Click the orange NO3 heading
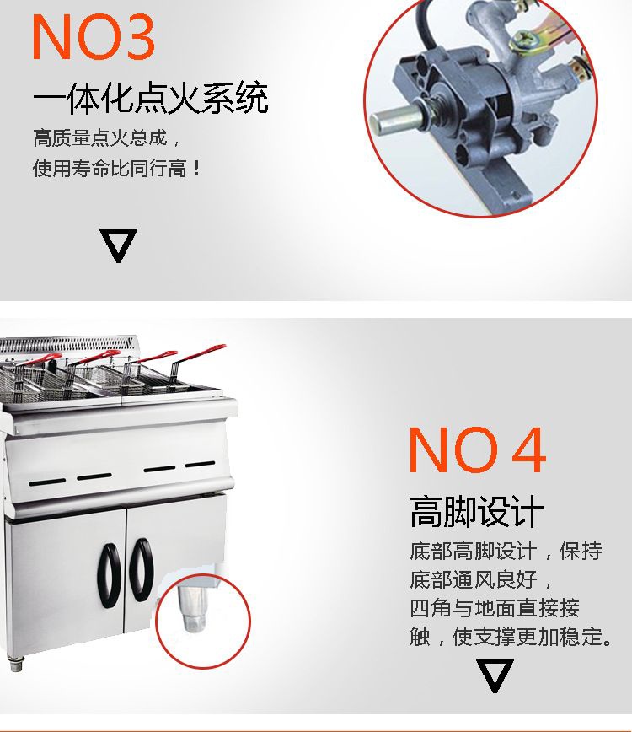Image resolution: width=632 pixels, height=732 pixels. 93,36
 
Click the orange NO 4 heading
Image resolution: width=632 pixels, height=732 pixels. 477,449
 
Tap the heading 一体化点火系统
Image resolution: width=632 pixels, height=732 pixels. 151,98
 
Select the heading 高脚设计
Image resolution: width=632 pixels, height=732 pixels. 477,511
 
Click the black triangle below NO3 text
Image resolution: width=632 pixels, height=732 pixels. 118,245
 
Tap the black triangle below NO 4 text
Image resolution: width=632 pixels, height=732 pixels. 495,675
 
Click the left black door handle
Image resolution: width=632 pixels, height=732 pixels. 110,575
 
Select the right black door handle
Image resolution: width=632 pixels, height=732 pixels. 142,569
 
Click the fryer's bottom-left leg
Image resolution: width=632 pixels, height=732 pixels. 16,663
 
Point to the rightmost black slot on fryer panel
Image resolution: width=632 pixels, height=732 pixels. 200,464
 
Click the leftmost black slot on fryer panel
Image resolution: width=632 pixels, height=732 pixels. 47,482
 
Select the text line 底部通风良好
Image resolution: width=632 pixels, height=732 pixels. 480,579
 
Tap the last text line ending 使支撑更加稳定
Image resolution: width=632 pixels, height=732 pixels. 511,637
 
